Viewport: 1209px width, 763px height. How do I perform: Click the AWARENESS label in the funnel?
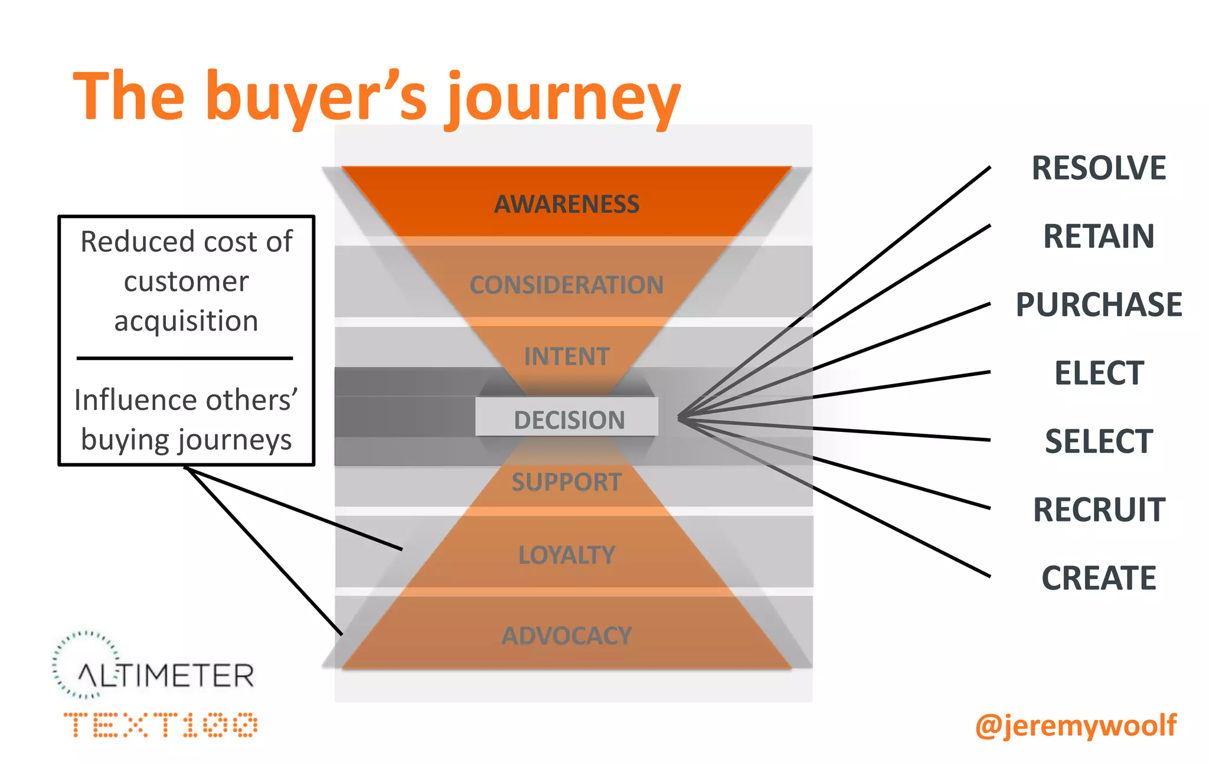coord(566,204)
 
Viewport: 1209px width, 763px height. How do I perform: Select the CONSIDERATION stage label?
coord(566,285)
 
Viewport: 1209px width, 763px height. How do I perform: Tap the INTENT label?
coord(566,356)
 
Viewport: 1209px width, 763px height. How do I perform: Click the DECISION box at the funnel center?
coord(568,420)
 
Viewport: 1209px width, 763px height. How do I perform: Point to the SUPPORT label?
coord(566,482)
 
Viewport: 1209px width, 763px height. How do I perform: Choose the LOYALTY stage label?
coord(566,555)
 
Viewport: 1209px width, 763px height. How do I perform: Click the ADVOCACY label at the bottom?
coord(566,636)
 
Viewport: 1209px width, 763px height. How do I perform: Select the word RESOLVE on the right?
coord(1098,168)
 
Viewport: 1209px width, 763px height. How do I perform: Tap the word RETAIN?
coord(1098,236)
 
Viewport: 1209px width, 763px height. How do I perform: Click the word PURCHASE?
coord(1098,304)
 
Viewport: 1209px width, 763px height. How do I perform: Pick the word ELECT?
coord(1099,373)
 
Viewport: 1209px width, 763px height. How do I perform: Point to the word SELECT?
coord(1098,441)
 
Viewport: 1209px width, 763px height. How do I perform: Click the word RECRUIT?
coord(1099,510)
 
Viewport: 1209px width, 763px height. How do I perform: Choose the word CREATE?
coord(1098,578)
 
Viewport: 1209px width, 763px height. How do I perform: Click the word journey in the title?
coord(563,97)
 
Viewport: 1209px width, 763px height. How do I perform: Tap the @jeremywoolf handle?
coord(1076,725)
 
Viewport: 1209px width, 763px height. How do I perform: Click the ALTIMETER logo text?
coord(166,676)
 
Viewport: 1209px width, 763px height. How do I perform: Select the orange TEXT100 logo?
coord(161,725)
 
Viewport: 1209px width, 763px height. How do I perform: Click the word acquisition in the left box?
coord(186,322)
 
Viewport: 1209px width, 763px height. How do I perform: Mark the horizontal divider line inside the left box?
coord(185,358)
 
